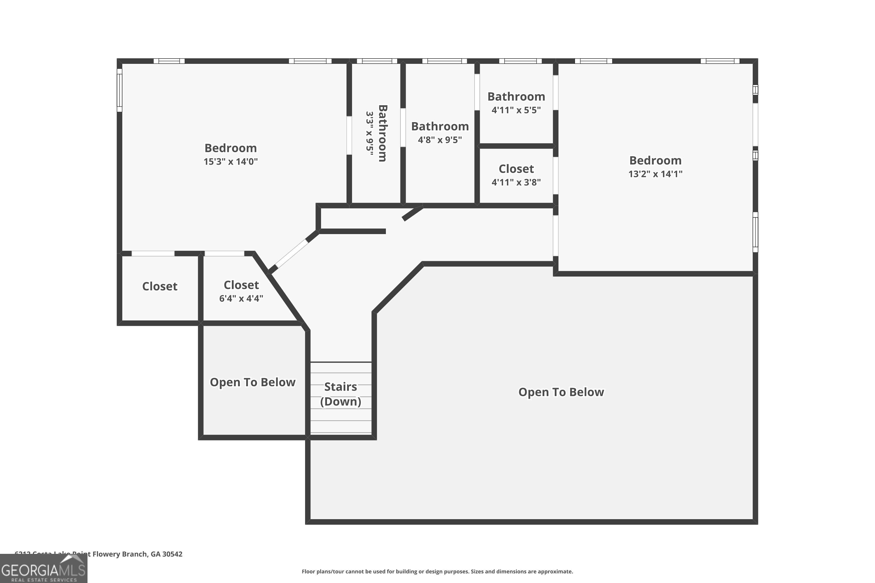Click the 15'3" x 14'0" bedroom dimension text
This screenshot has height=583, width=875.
coord(231,162)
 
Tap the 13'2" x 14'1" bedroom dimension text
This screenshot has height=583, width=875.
coord(655,174)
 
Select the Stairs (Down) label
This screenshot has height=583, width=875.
coord(340,394)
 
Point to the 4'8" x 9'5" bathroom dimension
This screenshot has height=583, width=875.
coord(440,140)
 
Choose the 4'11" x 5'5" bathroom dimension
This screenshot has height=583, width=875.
coord(516,110)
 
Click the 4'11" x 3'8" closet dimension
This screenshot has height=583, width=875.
coord(516,182)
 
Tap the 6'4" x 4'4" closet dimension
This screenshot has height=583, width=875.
coord(241,298)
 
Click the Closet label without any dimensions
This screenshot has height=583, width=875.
coord(160,286)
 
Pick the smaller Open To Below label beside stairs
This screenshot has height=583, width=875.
coord(253,382)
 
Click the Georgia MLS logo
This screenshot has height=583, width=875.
coord(43,569)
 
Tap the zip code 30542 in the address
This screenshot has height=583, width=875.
coord(172,554)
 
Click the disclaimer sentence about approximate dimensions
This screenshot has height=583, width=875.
coord(437,571)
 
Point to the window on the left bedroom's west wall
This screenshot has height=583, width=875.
coord(119,90)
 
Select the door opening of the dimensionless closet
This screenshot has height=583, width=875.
coord(153,254)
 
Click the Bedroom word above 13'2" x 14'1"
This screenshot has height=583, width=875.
coord(655,160)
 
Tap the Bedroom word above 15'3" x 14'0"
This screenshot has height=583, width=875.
coord(231,148)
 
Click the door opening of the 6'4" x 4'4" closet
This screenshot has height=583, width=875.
coord(224,254)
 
